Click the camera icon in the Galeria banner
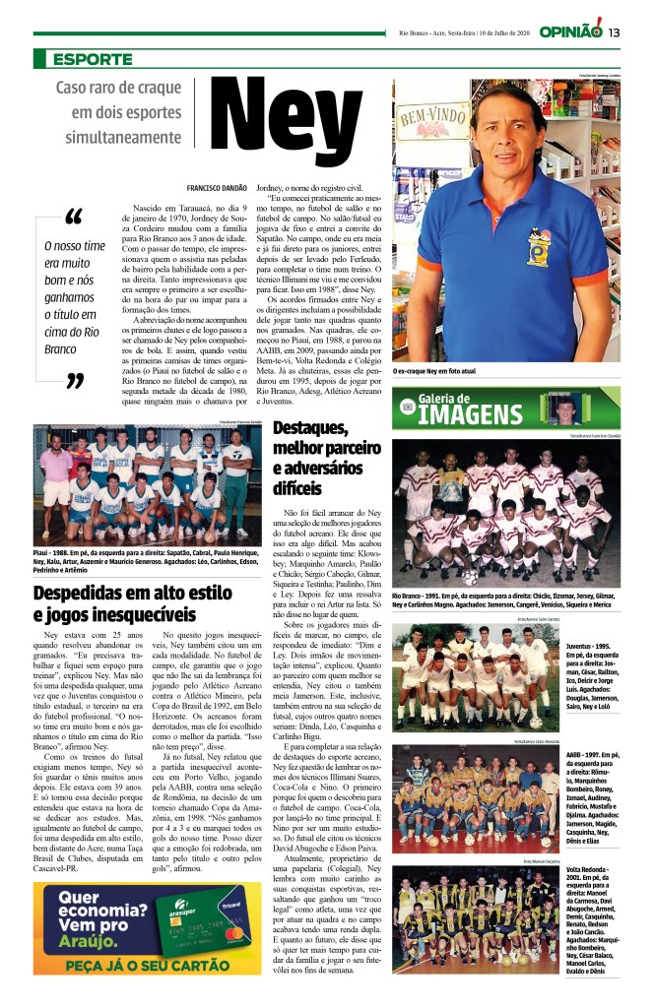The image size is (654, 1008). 408,406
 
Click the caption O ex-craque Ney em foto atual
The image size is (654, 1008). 448,370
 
